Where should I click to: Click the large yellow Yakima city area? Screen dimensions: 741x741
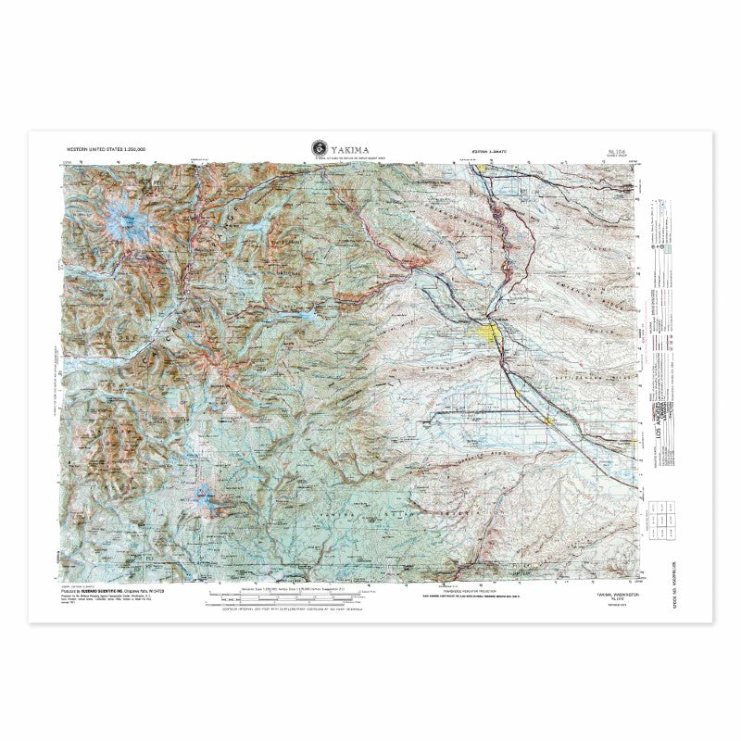(x=490, y=332)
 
